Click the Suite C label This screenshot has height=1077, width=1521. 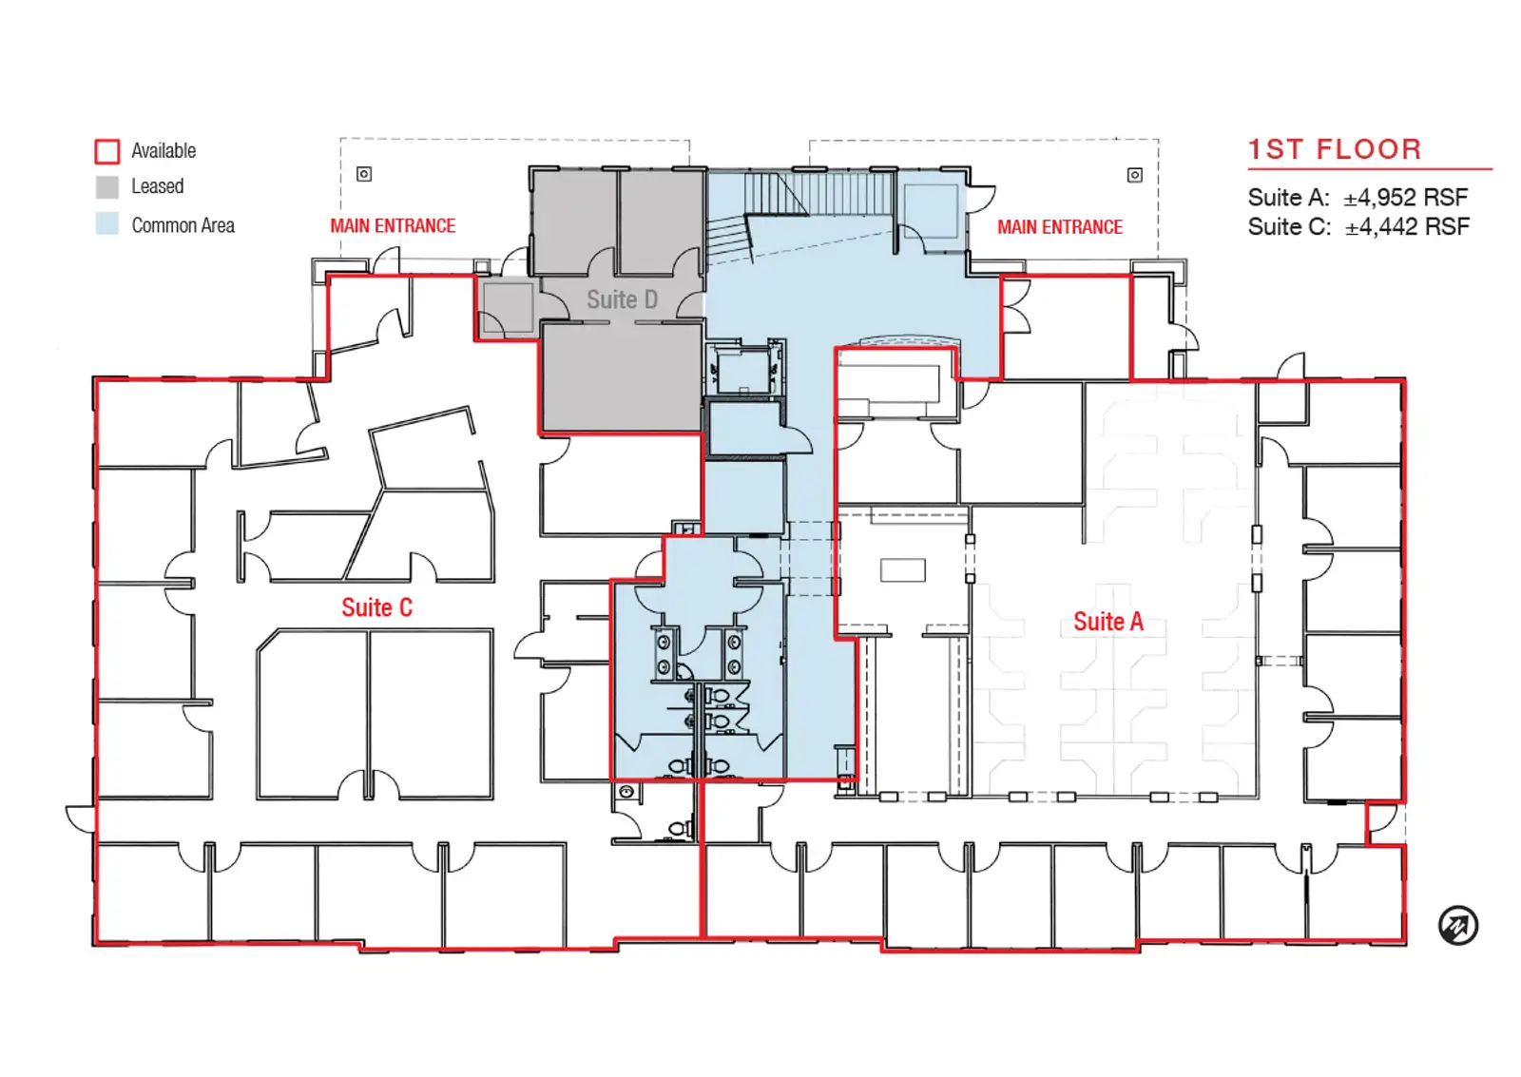tap(376, 607)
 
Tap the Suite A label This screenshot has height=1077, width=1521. tap(1108, 622)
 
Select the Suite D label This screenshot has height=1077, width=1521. tap(622, 299)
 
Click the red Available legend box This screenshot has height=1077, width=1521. tap(107, 151)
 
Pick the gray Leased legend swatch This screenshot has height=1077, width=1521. tap(107, 186)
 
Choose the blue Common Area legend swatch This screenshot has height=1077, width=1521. tap(107, 224)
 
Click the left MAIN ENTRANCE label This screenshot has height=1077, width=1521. tap(393, 226)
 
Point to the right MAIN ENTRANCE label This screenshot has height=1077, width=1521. tap(1059, 227)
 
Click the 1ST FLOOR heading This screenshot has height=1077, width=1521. tap(1335, 149)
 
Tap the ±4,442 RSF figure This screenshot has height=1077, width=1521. tap(1407, 227)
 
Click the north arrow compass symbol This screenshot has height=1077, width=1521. tap(1458, 925)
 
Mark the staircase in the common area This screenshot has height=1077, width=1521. tap(801, 214)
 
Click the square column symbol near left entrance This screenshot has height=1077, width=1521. tap(364, 175)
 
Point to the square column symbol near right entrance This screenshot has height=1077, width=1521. tap(1135, 175)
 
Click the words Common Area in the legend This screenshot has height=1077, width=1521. tap(183, 225)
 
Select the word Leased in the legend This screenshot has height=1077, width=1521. tap(158, 186)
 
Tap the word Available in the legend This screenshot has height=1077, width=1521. tap(164, 151)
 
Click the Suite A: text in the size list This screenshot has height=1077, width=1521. tap(1288, 198)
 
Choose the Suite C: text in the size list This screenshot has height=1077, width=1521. tap(1289, 227)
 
